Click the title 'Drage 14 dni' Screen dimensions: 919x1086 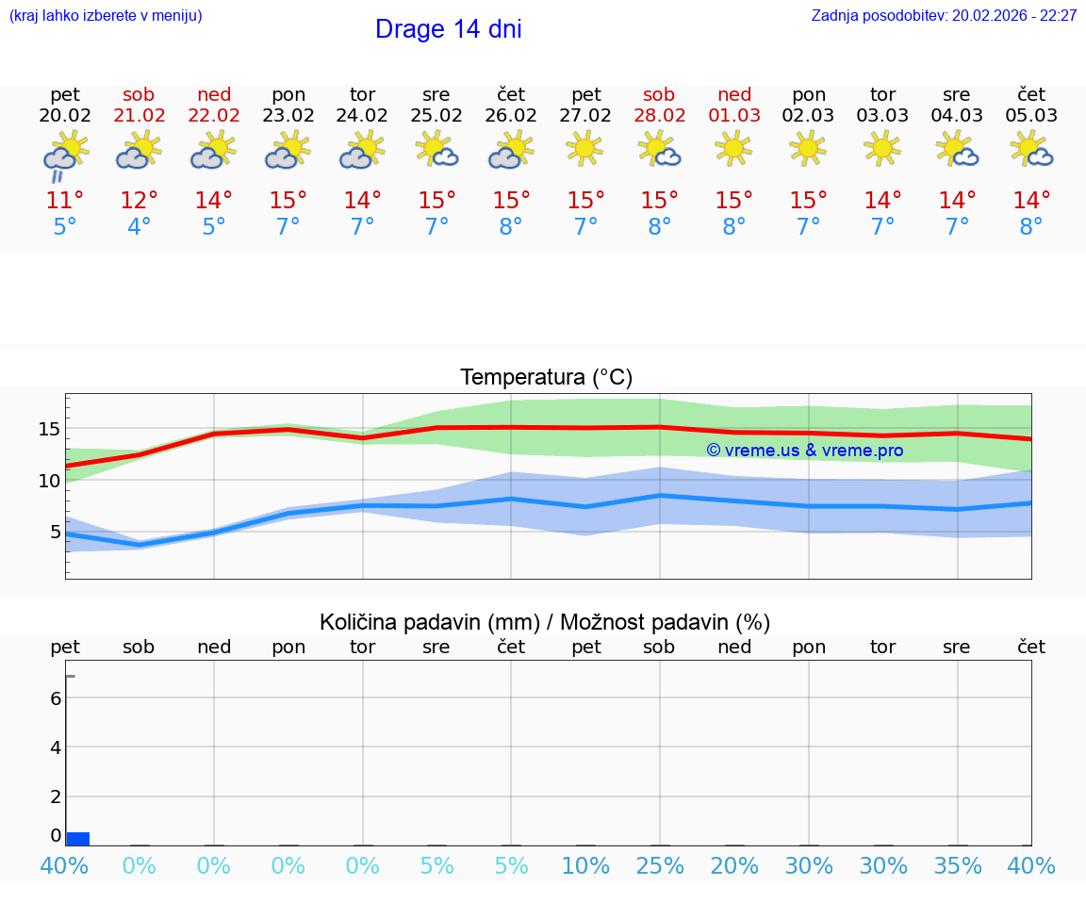(x=448, y=29)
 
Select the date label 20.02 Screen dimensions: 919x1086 (x=65, y=116)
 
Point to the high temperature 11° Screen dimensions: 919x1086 (x=65, y=200)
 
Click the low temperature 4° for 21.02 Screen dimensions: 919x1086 (x=139, y=227)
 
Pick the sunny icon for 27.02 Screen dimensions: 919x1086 (x=585, y=148)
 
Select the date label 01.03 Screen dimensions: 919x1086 (x=734, y=116)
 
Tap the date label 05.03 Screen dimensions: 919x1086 (x=1031, y=116)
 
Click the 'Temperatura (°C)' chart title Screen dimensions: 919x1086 (x=546, y=377)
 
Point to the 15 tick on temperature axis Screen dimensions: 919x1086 (x=49, y=429)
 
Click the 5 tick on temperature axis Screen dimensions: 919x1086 (x=54, y=532)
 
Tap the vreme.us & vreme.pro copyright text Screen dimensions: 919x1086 (x=804, y=451)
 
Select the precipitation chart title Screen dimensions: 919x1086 (x=544, y=622)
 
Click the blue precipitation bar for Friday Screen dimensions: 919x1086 (x=77, y=839)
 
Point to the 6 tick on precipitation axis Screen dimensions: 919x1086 (x=56, y=698)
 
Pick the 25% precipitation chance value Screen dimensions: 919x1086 (x=659, y=865)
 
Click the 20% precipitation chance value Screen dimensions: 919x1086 (x=734, y=865)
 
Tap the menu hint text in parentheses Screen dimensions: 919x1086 (x=105, y=16)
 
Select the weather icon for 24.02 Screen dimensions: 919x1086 (x=362, y=151)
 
